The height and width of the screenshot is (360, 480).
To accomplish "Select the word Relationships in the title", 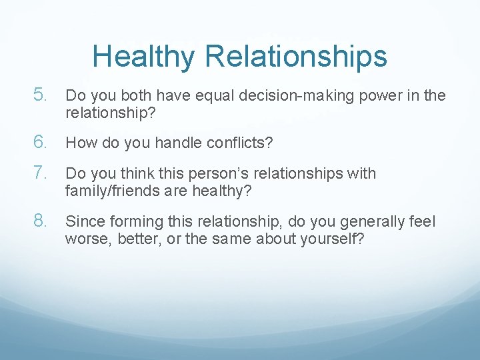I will coord(297,57).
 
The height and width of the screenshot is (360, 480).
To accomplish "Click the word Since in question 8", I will coord(81,221).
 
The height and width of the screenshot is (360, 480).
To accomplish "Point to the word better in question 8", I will coord(134,238).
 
